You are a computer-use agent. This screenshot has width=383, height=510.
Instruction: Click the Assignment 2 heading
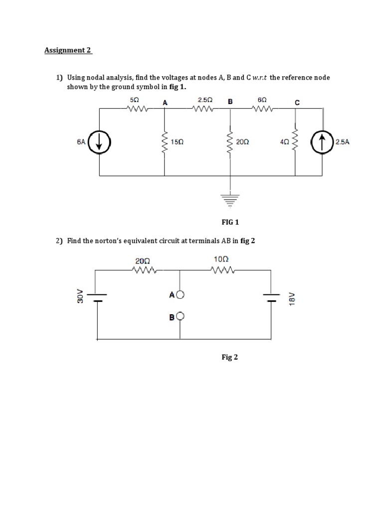68,50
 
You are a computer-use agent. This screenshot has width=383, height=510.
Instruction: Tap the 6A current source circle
99,142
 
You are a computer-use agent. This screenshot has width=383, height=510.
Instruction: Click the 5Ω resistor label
134,100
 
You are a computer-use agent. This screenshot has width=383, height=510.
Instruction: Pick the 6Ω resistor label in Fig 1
262,100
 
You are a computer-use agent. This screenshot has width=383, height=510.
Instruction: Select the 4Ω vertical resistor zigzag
294,142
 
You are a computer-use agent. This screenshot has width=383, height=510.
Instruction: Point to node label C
297,103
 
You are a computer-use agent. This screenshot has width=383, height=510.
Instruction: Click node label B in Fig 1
230,102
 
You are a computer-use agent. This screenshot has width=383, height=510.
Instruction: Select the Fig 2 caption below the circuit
229,357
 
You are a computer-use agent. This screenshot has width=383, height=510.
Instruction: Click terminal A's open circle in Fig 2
180,295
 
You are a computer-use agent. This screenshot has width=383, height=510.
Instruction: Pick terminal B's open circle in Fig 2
180,316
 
